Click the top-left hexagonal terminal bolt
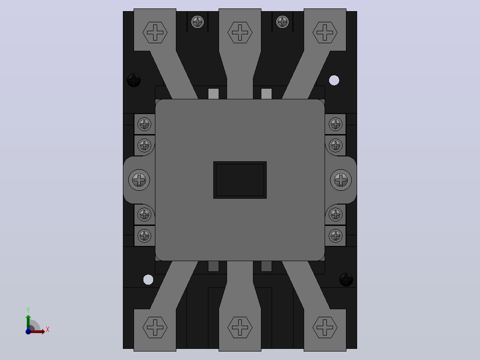click(155, 32)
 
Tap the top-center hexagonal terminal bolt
click(240, 32)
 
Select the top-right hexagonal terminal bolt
click(325, 32)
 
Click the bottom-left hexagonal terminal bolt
click(155, 327)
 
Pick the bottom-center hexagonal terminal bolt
click(240, 327)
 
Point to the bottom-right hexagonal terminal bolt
click(325, 327)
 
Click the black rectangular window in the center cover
click(240, 180)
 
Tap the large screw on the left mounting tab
click(139, 180)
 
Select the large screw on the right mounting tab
click(341, 180)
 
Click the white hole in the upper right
click(334, 80)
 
